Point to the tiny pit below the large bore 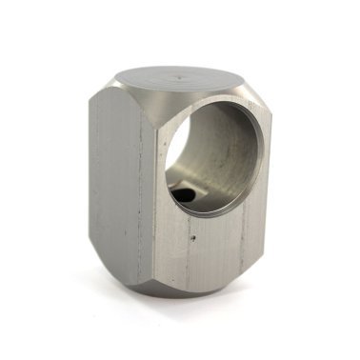(194, 230)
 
